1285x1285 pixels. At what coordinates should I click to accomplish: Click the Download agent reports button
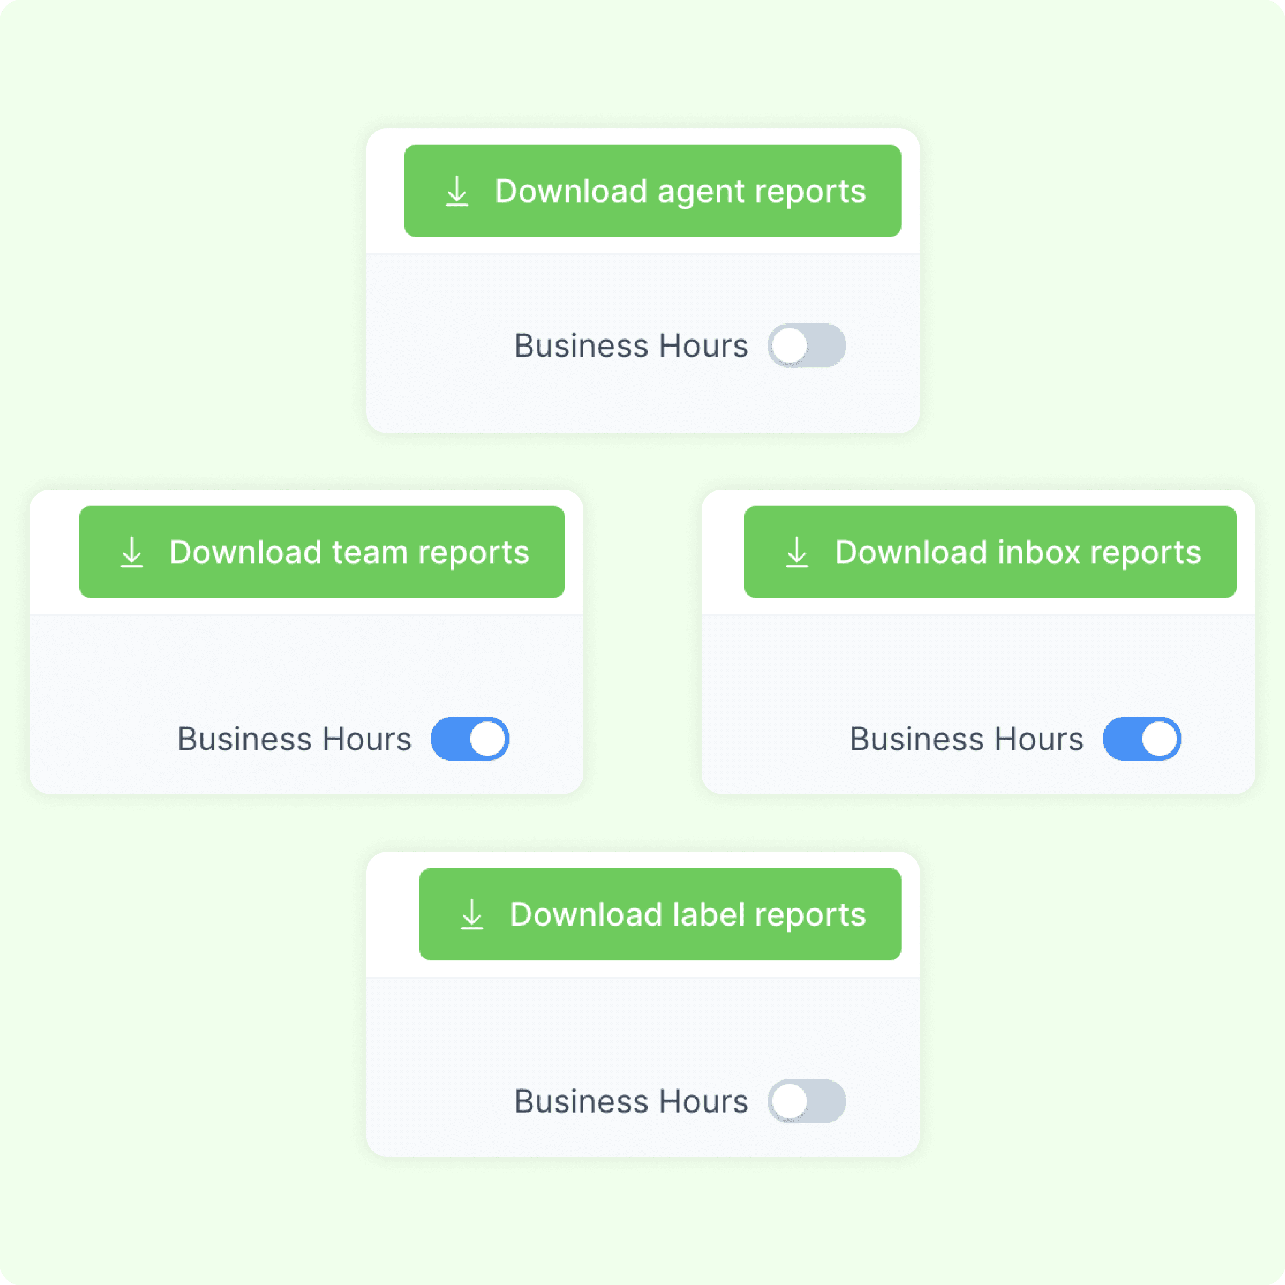[652, 191]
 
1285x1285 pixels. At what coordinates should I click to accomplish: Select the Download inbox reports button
[990, 552]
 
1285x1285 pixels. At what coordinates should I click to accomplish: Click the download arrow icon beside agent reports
[457, 191]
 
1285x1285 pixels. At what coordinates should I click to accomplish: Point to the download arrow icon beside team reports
[131, 553]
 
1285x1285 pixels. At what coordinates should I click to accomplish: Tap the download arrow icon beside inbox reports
[797, 553]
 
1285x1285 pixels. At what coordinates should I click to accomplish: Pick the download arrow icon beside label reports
[472, 914]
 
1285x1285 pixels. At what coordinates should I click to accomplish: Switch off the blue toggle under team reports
[470, 739]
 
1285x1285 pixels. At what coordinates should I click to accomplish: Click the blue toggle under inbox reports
[1142, 739]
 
